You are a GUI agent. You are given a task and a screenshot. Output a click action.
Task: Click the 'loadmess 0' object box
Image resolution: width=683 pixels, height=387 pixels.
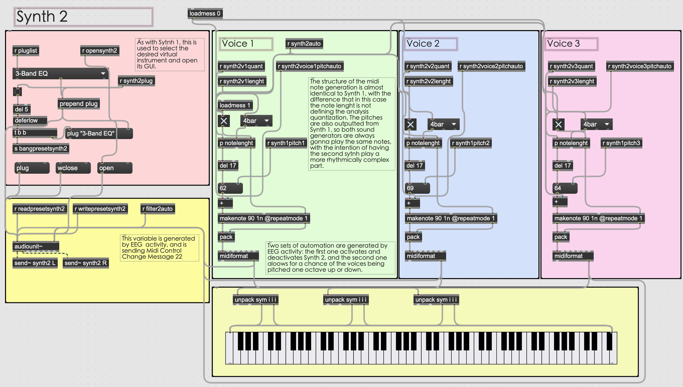tap(205, 13)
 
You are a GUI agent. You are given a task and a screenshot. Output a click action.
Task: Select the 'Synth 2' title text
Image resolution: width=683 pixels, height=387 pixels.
tap(42, 17)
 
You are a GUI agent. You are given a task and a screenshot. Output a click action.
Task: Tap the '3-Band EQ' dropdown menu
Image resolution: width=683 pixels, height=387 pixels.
tap(60, 74)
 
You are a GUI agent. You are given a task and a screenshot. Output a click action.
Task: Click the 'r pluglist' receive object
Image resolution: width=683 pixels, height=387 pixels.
tap(26, 51)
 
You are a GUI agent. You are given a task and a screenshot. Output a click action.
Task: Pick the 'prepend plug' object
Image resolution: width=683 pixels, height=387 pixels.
tap(79, 104)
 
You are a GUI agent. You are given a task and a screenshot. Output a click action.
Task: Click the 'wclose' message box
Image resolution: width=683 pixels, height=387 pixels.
tap(73, 168)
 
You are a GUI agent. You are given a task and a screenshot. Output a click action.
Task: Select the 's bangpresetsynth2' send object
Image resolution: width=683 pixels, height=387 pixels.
tap(41, 149)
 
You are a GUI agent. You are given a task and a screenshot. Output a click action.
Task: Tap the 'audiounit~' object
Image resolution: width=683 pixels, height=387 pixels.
tap(36, 246)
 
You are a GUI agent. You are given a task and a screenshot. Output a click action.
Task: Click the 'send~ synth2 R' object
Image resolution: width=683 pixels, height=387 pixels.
tap(86, 263)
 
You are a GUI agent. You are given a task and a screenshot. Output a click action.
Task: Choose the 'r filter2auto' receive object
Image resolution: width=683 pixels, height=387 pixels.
tap(157, 209)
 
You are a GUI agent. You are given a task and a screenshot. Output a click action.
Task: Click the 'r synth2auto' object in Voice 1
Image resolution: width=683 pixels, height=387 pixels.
tap(304, 44)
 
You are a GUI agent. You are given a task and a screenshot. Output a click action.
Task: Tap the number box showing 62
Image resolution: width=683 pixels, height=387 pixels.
tap(230, 188)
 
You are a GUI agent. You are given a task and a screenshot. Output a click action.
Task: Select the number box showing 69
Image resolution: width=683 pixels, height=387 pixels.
tap(417, 188)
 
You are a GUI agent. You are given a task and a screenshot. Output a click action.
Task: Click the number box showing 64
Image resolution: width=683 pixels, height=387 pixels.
tap(565, 188)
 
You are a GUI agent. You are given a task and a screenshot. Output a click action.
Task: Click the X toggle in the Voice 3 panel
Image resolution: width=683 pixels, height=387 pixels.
tap(558, 125)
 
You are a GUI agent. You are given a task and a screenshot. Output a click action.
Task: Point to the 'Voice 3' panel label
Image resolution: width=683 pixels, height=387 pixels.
tap(571, 44)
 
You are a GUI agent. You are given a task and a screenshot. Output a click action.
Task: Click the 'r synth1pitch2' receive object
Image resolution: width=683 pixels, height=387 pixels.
tap(471, 143)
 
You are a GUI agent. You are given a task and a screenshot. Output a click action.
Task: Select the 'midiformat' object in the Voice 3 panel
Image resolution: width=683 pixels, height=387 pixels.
tap(572, 256)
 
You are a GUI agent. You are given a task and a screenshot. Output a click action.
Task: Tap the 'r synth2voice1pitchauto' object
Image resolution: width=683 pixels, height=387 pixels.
tap(310, 66)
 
